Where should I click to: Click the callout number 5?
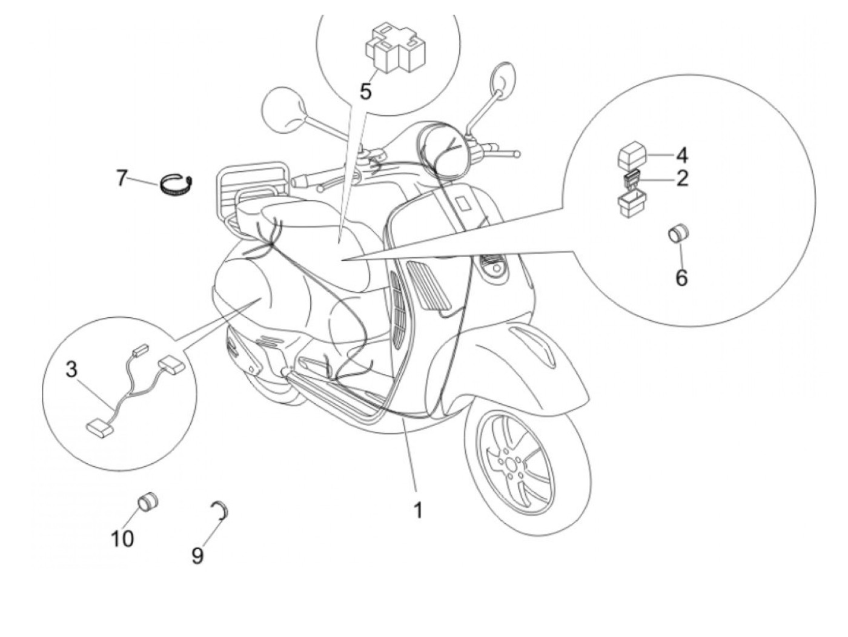tap(365, 91)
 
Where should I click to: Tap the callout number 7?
tap(121, 179)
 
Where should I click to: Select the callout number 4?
tap(681, 156)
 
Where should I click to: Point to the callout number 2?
tap(681, 179)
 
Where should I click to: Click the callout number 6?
tap(681, 277)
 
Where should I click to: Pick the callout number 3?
tap(72, 369)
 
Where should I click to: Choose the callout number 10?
tap(122, 538)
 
